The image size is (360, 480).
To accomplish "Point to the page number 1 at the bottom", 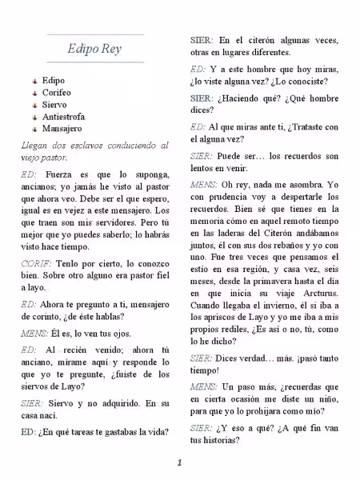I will pos(180,462).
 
